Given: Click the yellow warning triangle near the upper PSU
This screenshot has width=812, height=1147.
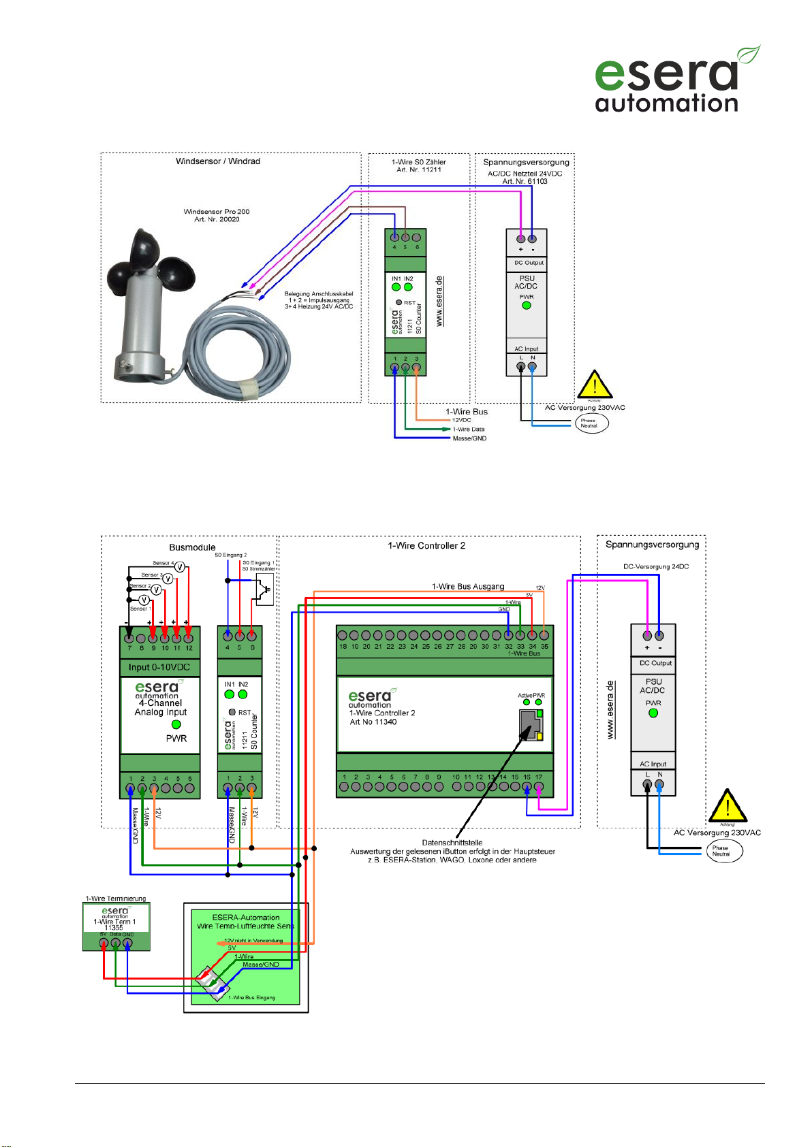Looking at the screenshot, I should click(x=595, y=385).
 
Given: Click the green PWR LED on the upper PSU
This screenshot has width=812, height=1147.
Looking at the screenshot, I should click(x=526, y=306).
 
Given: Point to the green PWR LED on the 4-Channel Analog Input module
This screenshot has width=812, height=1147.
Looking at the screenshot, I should click(x=176, y=724).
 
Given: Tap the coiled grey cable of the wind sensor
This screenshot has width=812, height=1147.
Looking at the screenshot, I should click(x=238, y=354).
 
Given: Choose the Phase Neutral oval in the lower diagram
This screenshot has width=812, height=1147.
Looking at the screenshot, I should click(x=723, y=851).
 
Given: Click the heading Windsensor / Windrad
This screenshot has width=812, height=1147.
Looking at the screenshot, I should click(x=217, y=161).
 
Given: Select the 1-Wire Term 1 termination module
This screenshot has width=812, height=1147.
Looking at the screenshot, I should click(x=116, y=926).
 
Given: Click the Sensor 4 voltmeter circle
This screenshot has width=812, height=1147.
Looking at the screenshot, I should click(x=181, y=566).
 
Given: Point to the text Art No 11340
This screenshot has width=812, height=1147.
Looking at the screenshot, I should click(x=373, y=722).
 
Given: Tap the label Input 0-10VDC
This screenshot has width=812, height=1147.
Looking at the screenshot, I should click(x=159, y=667).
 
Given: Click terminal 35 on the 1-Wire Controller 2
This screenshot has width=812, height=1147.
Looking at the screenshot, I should click(x=544, y=636).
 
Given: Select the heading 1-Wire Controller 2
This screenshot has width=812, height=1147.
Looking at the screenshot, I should click(x=426, y=546).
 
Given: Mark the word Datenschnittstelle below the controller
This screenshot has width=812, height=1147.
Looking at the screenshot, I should click(x=452, y=843).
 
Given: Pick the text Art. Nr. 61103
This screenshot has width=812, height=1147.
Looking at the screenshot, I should click(x=525, y=181).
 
